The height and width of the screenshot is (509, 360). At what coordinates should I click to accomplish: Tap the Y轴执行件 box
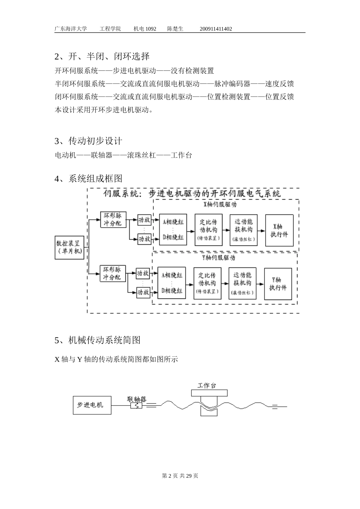(x=278, y=284)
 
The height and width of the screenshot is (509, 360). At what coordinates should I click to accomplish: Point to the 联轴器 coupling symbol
(x=136, y=406)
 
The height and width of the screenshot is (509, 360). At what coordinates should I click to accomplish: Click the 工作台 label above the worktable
(x=207, y=386)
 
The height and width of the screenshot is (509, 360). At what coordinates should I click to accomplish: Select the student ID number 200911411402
(x=216, y=29)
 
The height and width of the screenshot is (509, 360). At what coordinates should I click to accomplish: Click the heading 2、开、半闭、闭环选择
(x=102, y=56)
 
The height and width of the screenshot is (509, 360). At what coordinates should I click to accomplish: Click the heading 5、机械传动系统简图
(x=97, y=340)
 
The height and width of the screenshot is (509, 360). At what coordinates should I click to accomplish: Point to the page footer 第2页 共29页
(x=180, y=476)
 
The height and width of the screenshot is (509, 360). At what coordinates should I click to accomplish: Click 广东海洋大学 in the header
(x=71, y=29)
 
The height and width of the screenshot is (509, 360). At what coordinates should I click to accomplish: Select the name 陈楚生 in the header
(x=175, y=29)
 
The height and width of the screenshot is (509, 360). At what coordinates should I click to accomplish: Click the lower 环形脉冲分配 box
(x=112, y=273)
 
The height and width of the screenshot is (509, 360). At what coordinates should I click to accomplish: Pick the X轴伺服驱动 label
(x=220, y=205)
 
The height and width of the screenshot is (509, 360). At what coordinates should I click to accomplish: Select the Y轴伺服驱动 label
(x=219, y=258)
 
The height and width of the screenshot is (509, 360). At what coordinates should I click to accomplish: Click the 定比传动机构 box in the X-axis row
(x=208, y=230)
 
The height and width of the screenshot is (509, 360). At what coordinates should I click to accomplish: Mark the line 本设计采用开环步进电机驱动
(x=104, y=110)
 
